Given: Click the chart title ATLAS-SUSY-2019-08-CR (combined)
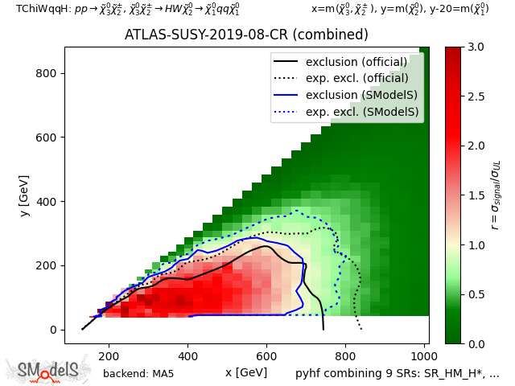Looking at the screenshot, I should tap(246, 35).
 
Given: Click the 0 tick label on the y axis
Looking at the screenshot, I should tap(54, 330).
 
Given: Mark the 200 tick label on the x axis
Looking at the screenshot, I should tap(109, 355).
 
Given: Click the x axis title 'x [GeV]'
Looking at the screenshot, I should tap(246, 372).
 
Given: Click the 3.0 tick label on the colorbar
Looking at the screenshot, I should tap(476, 47).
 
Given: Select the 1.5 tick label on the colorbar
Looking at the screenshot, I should tap(476, 195).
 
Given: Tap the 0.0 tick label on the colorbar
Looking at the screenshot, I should tap(476, 343).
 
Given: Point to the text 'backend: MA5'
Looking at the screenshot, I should tap(138, 373).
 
